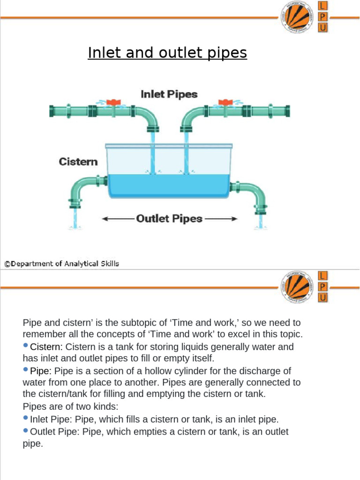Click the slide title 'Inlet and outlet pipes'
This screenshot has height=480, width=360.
pos(167,53)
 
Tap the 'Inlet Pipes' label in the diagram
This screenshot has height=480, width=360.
pos(169,94)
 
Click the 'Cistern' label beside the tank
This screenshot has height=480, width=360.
pos(78,162)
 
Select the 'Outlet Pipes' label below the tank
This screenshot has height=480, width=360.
pos(169,218)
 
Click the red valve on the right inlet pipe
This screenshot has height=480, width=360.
pos(226,102)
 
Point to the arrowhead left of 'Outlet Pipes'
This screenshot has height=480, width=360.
pos(105,219)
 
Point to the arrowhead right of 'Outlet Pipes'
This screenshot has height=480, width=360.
pos(234,219)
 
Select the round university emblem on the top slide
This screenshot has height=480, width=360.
pos(297,17)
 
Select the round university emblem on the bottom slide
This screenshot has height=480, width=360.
pos(297,286)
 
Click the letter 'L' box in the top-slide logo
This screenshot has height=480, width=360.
pos(323,6)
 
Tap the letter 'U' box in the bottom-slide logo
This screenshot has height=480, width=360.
pos(323,297)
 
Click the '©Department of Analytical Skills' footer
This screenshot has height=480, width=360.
pos(61,264)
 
